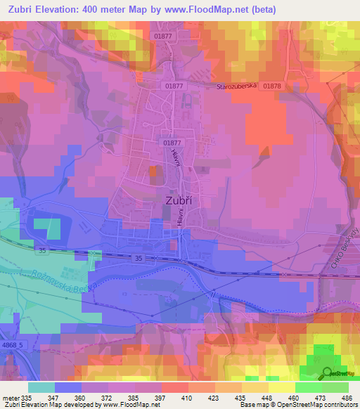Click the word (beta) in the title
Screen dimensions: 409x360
coord(258,10)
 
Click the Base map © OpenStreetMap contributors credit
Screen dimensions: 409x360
coord(297,405)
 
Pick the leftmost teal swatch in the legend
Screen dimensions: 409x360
coord(41,387)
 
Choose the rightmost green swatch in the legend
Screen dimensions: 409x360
coord(335,387)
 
